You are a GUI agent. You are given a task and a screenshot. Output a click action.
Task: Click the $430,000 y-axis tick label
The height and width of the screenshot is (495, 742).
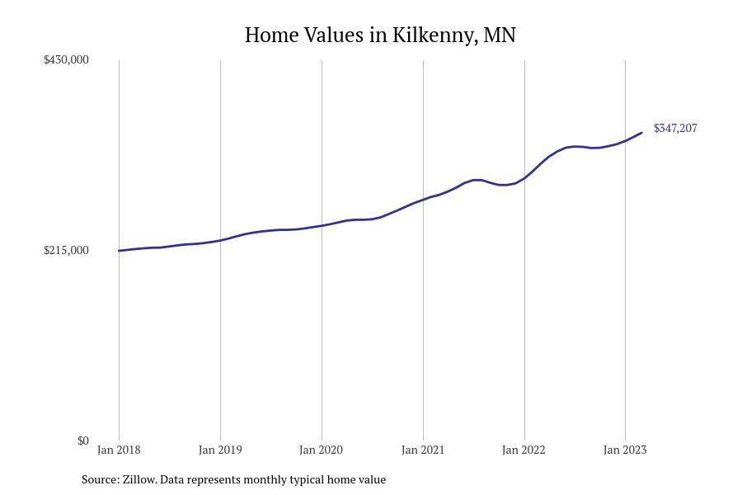(66, 59)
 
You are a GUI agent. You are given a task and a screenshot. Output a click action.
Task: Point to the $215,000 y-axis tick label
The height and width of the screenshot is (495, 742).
(66, 250)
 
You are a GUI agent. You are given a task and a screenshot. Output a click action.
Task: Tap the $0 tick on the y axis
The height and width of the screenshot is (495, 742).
(82, 441)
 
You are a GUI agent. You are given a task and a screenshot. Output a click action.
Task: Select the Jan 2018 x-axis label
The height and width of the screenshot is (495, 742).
(119, 450)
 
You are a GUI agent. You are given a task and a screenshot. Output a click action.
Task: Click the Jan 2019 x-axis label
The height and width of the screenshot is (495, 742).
(220, 450)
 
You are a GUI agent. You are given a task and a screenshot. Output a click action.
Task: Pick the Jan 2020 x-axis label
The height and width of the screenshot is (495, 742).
(322, 450)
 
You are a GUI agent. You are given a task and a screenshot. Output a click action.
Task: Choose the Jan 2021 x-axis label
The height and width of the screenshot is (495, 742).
(423, 450)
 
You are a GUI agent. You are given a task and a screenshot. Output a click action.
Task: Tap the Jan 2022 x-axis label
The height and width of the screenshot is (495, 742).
(524, 450)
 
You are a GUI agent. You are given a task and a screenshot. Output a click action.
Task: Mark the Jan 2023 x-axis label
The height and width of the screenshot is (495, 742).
(625, 450)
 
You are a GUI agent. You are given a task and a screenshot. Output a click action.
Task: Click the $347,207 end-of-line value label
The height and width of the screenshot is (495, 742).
(675, 128)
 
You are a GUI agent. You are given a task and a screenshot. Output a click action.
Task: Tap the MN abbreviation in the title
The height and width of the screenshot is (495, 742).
(500, 35)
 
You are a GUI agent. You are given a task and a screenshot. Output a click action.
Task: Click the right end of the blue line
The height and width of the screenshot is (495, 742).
(641, 133)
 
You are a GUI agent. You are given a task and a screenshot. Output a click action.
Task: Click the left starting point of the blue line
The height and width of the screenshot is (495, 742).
(120, 251)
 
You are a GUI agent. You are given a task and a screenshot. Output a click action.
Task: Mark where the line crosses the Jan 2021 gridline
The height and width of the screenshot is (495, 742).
(423, 199)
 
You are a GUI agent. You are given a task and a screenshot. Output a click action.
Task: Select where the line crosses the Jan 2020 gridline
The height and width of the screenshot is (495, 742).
(322, 225)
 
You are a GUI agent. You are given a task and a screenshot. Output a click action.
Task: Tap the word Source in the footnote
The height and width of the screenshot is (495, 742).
(99, 479)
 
